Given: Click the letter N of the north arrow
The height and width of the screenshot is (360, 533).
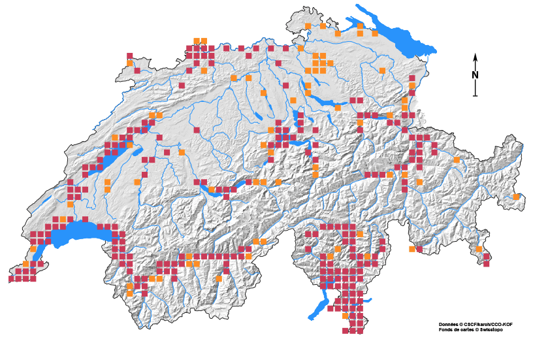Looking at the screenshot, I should [476, 75].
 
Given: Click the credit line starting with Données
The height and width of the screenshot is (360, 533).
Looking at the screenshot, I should [471, 324].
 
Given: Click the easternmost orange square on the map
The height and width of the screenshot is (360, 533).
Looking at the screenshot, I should [516, 197].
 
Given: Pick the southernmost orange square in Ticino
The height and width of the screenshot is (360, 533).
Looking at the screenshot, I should [344, 315].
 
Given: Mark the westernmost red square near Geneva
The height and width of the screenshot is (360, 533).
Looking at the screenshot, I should [11, 279].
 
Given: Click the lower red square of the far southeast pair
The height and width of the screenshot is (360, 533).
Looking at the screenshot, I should [487, 264].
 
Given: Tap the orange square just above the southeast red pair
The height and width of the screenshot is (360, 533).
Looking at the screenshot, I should [479, 249].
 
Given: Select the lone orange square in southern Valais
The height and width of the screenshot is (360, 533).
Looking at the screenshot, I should [219, 279].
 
